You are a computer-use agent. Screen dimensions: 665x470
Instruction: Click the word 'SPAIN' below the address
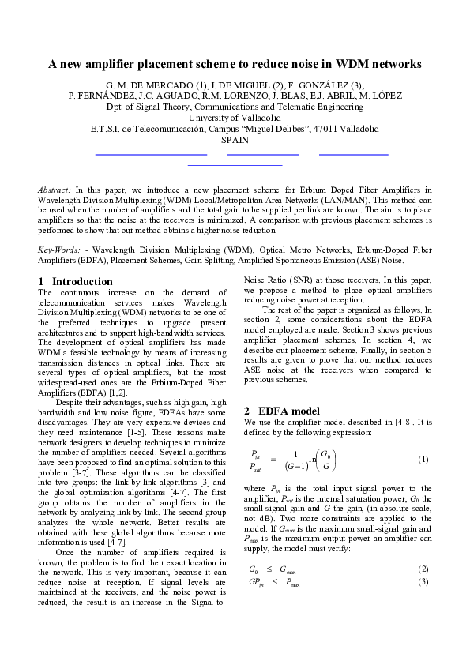[x=235, y=140]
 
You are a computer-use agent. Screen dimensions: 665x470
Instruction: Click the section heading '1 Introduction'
[x=76, y=281]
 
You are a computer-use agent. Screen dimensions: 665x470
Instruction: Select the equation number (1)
[x=423, y=460]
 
